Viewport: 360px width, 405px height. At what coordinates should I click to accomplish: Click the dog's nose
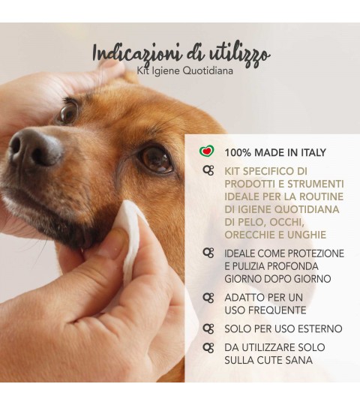(35, 149)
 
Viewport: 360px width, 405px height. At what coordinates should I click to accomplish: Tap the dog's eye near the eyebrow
(68, 112)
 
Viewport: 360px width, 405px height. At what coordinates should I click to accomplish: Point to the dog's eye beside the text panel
(156, 159)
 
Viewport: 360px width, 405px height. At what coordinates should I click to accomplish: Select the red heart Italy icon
(207, 150)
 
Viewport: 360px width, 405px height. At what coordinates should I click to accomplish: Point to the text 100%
(238, 153)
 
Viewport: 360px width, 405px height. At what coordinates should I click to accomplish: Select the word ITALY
(313, 153)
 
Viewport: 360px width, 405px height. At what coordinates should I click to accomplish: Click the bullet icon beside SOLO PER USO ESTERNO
(208, 329)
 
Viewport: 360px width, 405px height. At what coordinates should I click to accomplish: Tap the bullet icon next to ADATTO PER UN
(208, 298)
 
